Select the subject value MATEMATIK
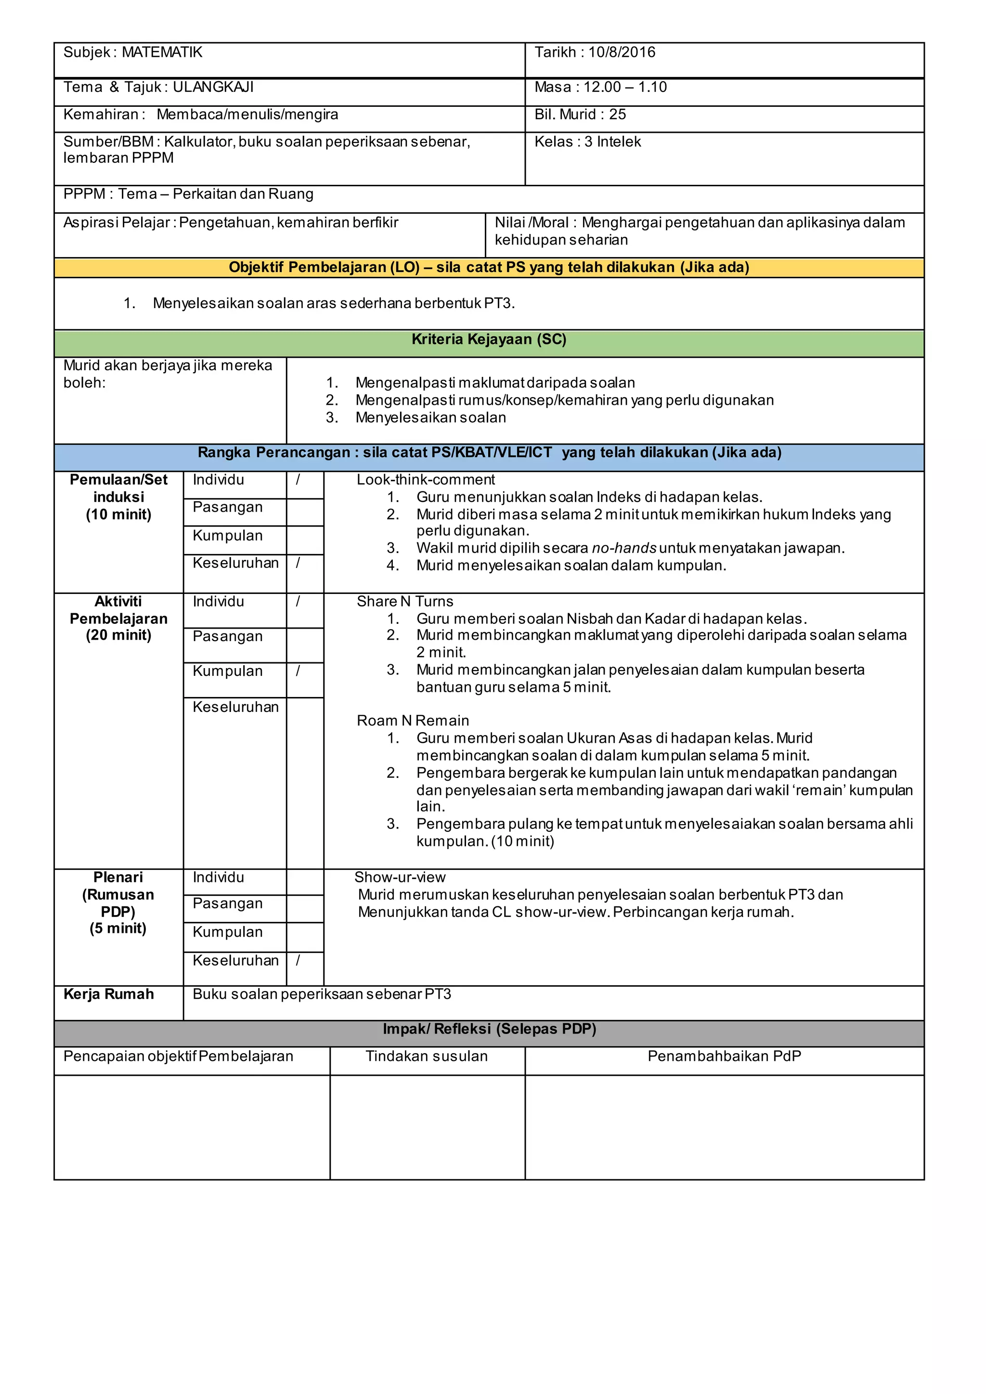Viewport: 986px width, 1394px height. [x=162, y=52]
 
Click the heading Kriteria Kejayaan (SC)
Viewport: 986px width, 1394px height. [x=489, y=339]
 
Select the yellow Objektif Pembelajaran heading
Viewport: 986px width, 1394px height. [x=489, y=267]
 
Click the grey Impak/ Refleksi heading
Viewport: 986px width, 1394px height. [x=489, y=1029]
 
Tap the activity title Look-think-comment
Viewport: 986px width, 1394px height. [x=426, y=479]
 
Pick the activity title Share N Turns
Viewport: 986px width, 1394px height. [x=405, y=601]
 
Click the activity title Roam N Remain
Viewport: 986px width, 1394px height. [x=413, y=720]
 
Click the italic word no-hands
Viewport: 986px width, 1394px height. [x=623, y=548]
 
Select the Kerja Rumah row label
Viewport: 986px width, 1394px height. [x=109, y=994]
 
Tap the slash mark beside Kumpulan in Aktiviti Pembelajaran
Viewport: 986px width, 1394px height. [x=298, y=671]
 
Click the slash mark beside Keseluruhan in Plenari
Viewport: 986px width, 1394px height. [x=298, y=960]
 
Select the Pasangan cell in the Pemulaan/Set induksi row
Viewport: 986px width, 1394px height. [x=228, y=507]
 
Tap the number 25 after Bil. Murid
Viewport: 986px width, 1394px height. [x=618, y=114]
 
